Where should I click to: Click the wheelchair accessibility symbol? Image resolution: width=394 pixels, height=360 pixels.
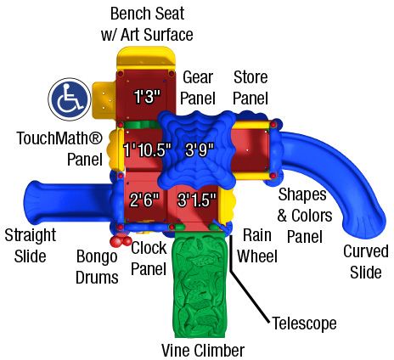70,99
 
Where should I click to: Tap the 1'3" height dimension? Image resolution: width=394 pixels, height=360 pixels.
147,97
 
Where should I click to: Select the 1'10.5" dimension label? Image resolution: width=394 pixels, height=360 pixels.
148,149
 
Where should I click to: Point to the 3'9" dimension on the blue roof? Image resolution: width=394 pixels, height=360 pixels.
200,149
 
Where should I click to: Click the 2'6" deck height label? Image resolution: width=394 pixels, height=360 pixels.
144,200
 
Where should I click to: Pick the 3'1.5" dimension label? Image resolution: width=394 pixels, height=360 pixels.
197,200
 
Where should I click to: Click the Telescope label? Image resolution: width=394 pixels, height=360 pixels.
305,323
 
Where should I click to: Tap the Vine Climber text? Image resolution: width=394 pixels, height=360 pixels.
203,350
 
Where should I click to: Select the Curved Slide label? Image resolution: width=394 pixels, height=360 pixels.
366,262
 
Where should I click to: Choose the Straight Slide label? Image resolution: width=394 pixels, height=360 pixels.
31,245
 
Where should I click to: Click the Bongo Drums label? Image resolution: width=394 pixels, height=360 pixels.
97,267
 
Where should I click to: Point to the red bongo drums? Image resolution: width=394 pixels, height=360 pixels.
121,240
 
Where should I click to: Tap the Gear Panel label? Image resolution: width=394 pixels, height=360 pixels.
198,87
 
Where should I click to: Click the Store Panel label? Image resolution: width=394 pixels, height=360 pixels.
250,87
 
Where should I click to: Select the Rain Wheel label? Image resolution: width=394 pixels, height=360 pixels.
257,245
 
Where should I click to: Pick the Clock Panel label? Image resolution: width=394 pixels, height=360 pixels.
149,258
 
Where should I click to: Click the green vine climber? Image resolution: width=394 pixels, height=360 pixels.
200,284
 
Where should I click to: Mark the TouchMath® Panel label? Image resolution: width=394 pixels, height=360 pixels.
59,149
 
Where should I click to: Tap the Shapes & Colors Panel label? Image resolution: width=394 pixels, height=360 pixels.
305,215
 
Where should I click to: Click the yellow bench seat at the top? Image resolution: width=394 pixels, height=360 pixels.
146,59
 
